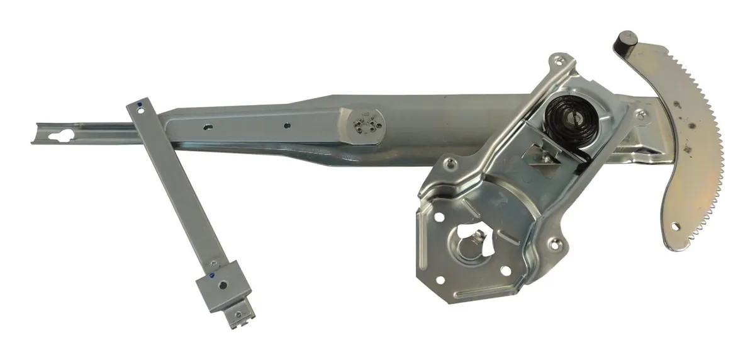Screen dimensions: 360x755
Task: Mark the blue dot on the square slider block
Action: (212, 275)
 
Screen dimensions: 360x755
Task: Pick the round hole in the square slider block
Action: (223, 284)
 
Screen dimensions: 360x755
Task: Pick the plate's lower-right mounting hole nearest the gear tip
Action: (556, 242)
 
